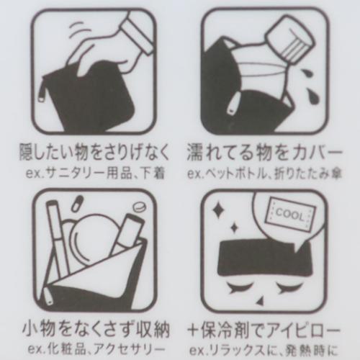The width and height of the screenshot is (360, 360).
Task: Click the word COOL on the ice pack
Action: (x=289, y=215)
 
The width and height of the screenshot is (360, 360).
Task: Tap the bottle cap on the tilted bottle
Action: (x=291, y=38)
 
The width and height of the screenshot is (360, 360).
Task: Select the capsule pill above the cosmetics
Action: (x=78, y=203)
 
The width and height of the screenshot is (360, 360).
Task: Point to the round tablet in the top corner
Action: (x=139, y=207)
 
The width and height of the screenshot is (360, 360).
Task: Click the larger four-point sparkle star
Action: (x=218, y=210)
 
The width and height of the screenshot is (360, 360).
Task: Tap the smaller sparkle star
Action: (x=234, y=228)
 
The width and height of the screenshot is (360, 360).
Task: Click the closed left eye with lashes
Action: (x=239, y=287)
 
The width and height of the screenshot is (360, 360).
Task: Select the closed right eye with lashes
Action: (x=291, y=287)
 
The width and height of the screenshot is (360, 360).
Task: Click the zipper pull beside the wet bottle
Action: (x=233, y=105)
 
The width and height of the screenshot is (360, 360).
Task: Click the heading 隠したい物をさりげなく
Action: (x=94, y=152)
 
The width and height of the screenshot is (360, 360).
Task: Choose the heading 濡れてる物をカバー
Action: (x=264, y=152)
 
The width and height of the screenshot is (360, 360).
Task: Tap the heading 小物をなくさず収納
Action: (x=96, y=330)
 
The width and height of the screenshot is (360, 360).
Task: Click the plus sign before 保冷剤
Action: (x=194, y=330)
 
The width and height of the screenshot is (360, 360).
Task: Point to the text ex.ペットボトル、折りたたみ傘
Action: (x=264, y=174)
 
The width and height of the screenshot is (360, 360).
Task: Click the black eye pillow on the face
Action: (x=264, y=258)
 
